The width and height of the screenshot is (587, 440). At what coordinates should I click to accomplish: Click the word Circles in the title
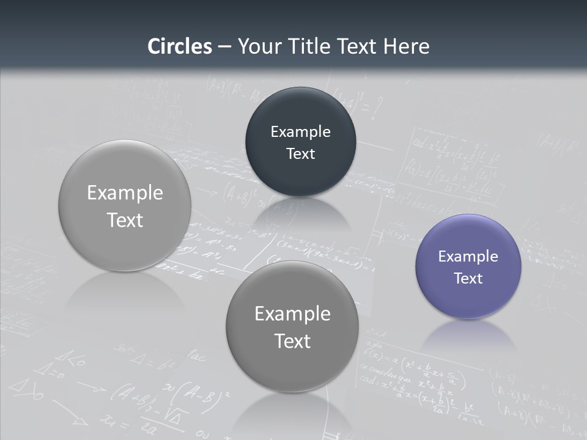click(179, 46)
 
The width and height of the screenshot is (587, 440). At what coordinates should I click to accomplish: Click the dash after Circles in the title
click(224, 47)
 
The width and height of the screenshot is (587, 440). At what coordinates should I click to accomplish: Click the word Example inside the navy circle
click(300, 132)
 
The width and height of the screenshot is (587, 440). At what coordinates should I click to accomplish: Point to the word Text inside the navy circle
click(300, 153)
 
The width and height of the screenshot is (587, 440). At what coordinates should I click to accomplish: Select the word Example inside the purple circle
click(468, 257)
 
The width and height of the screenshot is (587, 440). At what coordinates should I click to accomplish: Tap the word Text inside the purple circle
click(468, 279)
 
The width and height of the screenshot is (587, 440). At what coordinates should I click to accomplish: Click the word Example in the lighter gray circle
click(125, 193)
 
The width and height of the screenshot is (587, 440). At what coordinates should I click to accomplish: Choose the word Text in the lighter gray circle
click(125, 220)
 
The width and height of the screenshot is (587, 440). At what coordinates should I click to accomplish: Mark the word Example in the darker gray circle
click(292, 314)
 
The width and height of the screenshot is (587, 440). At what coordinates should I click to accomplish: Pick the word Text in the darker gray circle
click(292, 341)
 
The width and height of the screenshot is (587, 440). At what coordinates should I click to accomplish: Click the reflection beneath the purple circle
click(468, 336)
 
